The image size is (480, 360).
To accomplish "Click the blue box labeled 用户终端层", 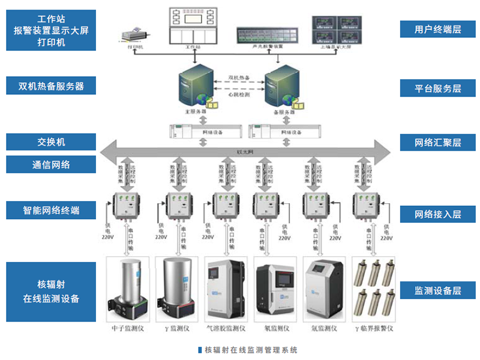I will pos(437,29).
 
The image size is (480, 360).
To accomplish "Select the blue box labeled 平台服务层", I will pos(437,88).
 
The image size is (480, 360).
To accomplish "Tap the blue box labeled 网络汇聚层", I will pos(437,143).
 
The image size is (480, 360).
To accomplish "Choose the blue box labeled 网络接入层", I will pos(437,214).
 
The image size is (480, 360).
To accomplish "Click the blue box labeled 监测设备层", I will pos(437,291).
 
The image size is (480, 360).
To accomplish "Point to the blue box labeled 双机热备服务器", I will pos(51,86).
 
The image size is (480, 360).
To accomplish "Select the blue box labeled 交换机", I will pos(51,142).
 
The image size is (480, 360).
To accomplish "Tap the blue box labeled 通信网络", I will pos(51,164).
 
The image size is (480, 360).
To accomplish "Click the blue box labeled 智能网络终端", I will pos(51,211).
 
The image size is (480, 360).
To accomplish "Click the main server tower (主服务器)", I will pos(195,87).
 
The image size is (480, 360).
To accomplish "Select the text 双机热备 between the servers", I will pos(239,78).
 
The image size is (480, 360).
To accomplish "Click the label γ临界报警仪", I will pos(374,328).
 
